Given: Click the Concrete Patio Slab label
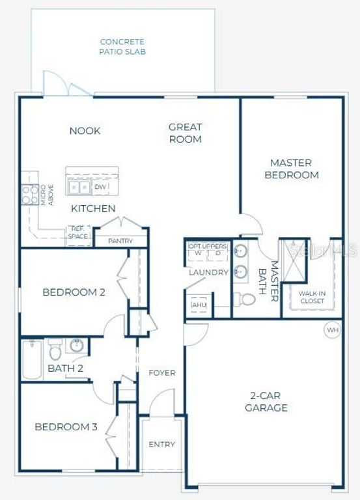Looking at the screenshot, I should coord(122,46).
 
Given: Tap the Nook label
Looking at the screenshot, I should coord(85,131).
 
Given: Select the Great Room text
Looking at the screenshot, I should coord(186,133).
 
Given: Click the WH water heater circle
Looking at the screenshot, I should coord(333,330).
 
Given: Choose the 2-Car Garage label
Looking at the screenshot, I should coord(266,402).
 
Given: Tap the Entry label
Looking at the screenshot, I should coord(161,445).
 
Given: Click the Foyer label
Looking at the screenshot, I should coord(161,373).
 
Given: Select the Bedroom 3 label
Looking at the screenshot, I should coord(66,427).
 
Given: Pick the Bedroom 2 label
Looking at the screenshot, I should coord(74,292).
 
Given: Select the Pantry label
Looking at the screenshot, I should coord(120,241).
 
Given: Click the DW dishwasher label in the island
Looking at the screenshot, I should coord(100,187).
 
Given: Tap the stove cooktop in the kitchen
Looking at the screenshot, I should coord(30,194).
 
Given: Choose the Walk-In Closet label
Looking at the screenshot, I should coord(312,297).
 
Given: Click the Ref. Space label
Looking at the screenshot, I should coord(78,232).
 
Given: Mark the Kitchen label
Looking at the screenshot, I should coord(93,208).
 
